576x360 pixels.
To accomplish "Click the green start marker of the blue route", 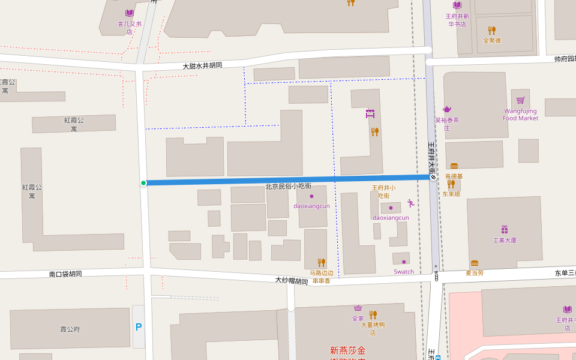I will pos(143,183).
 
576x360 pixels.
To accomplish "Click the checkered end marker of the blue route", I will pos(433,177).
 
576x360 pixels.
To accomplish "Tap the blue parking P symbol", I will pos(139,327).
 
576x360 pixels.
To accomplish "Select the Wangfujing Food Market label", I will pos(520,115).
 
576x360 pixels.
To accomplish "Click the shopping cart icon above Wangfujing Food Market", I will pos(520,100).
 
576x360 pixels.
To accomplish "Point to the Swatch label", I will pos(404,272).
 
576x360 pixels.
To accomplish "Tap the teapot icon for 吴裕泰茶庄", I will pos(446,109).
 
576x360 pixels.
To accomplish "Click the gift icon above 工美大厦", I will pos(505,229).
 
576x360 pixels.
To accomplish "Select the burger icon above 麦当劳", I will pos(475,263).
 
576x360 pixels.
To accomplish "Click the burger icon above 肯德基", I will pos(454,166).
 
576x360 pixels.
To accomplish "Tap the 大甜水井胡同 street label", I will pos(202,65).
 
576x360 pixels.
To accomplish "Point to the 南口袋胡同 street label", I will pos(65,274).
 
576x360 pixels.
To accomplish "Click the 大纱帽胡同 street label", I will pos(292,280).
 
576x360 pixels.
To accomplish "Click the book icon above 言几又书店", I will pos(130,13).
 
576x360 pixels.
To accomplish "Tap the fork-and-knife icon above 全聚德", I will pos(492,30).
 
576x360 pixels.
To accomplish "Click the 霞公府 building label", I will pos(70,329).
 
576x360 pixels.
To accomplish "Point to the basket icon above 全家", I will pos(358,308).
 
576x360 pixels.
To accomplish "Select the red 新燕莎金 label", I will pos(347,350).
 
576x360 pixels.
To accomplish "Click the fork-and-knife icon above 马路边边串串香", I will pos(321,263).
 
